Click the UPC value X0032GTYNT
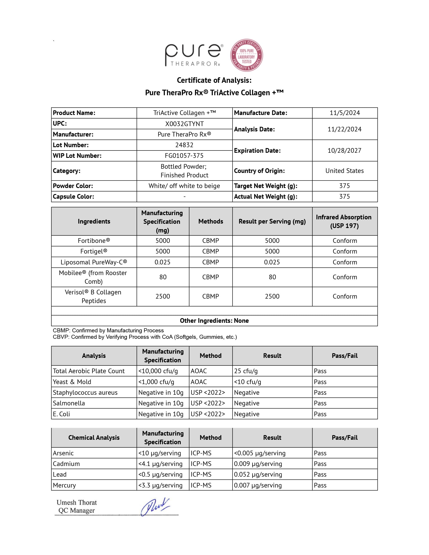pyautogui.click(x=184, y=124)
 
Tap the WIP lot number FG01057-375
pyautogui.click(x=184, y=156)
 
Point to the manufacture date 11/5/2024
pyautogui.click(x=345, y=113)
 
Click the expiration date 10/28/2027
pyautogui.click(x=344, y=151)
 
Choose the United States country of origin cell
pyautogui.click(x=344, y=171)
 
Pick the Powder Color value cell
pyautogui.click(x=184, y=186)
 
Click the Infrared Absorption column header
pyautogui.click(x=344, y=221)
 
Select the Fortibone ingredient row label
pyautogui.click(x=94, y=241)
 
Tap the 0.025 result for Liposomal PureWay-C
pyautogui.click(x=272, y=262)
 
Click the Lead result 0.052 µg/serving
pyautogui.click(x=258, y=474)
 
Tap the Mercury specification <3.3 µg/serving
pyautogui.click(x=160, y=485)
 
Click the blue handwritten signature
pyautogui.click(x=155, y=506)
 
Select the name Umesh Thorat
pyautogui.click(x=77, y=502)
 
